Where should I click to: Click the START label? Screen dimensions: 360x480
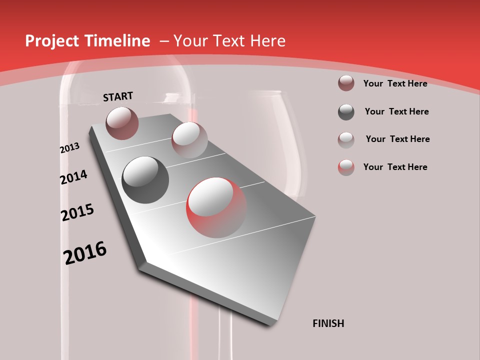(x=118, y=96)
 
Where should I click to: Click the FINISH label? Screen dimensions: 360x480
(x=328, y=323)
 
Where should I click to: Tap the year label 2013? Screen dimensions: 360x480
(x=69, y=148)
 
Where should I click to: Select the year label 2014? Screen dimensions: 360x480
(x=73, y=177)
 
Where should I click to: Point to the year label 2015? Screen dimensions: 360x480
(x=77, y=212)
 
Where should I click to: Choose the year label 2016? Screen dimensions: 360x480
(x=85, y=252)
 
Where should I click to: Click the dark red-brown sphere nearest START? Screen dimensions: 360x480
(x=122, y=123)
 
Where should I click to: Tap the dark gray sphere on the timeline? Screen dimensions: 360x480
(x=145, y=180)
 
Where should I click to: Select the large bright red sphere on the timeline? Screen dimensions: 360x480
(x=216, y=207)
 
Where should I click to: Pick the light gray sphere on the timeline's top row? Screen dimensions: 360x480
(x=189, y=139)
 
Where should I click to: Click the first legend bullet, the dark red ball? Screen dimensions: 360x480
(x=346, y=83)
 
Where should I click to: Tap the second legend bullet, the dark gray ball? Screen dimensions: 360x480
(x=346, y=111)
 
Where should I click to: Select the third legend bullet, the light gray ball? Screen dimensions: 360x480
(x=346, y=139)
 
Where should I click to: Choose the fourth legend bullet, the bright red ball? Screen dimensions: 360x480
(x=346, y=167)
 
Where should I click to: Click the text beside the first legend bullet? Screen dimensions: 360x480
(x=395, y=83)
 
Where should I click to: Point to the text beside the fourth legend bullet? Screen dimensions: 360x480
(x=395, y=167)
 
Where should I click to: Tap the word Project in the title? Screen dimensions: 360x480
(x=50, y=41)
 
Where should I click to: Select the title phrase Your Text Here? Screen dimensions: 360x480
(x=229, y=41)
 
